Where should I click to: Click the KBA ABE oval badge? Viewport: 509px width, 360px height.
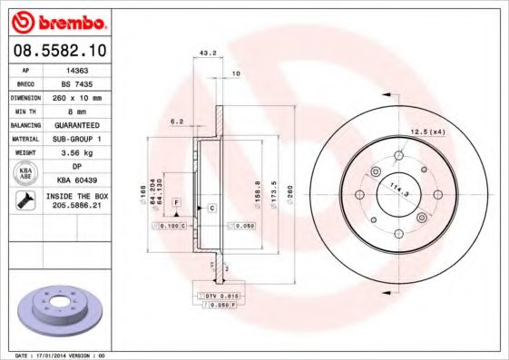(26, 172)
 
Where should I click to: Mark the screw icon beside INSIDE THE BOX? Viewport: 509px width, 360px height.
(26, 201)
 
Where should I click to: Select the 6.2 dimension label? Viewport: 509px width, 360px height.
(177, 121)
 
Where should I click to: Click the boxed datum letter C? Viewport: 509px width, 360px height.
(210, 209)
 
